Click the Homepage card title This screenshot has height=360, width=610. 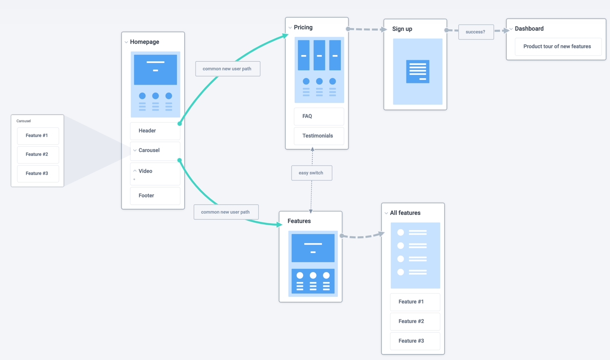144,42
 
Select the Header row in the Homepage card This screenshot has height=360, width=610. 155,131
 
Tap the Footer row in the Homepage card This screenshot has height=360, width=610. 155,196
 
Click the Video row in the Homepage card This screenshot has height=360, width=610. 155,171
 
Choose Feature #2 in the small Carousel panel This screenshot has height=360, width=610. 37,155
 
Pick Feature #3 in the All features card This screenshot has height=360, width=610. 415,341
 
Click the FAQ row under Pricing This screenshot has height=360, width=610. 319,116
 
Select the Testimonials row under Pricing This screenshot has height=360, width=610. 319,136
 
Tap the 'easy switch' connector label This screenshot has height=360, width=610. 311,173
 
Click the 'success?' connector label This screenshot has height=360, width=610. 476,32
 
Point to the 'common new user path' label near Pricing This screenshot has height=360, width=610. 227,69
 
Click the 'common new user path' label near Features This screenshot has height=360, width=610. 226,212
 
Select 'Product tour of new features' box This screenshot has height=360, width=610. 557,46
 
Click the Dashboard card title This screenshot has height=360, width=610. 529,29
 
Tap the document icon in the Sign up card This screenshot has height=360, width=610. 418,72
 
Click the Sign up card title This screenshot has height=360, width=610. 402,29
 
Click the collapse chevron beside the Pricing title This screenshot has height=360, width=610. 290,28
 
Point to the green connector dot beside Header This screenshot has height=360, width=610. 180,123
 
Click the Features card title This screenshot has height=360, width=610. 299,221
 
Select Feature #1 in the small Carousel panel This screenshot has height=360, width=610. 37,136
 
